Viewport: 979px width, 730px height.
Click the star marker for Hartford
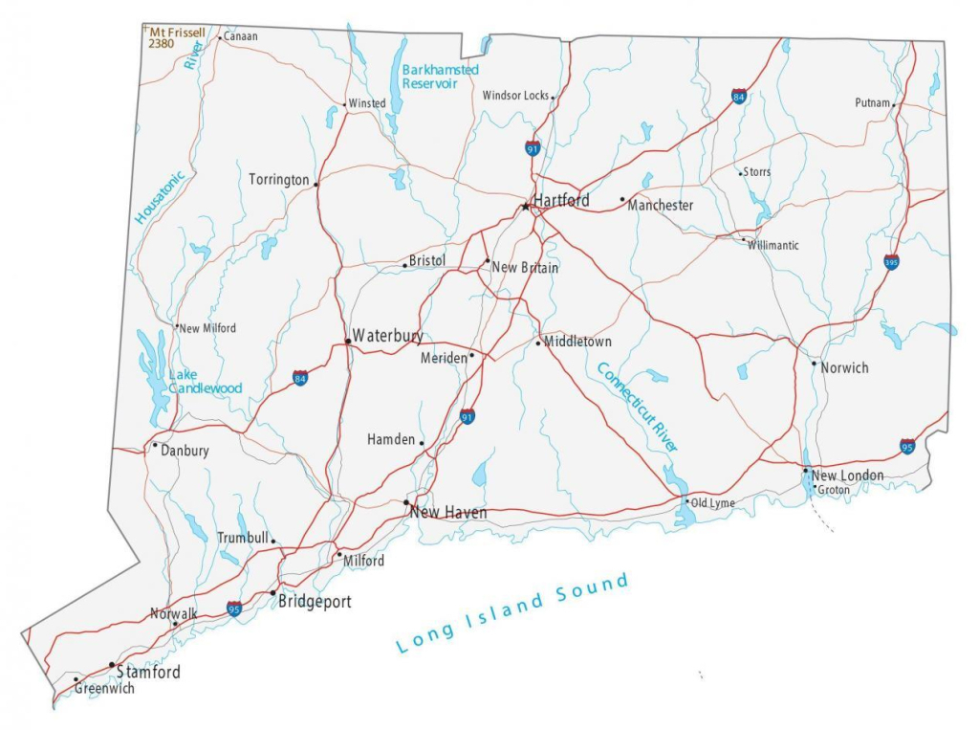(525, 206)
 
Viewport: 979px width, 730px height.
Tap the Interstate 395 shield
(891, 262)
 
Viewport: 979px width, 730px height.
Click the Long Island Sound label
(513, 612)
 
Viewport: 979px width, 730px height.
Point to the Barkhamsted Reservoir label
(440, 77)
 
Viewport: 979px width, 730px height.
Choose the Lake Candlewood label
(205, 382)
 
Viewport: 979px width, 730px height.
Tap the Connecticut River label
(637, 407)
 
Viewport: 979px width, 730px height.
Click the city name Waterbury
(387, 336)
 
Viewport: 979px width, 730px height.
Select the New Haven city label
(448, 514)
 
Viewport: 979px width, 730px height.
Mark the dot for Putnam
(894, 104)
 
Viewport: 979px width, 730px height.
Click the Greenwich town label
(104, 688)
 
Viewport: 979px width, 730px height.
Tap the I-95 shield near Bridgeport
(234, 608)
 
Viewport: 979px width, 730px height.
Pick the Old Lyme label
(712, 503)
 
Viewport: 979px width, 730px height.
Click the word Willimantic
(773, 246)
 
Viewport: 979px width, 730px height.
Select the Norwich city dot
(814, 364)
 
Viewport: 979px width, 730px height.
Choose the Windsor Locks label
(515, 96)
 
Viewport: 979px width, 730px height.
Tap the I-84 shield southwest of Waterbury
(301, 378)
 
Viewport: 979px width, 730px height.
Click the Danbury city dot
(155, 445)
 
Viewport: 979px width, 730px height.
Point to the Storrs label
(757, 172)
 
